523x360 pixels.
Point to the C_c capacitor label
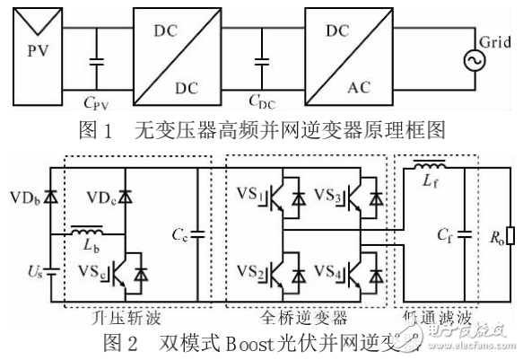(x=179, y=235)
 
